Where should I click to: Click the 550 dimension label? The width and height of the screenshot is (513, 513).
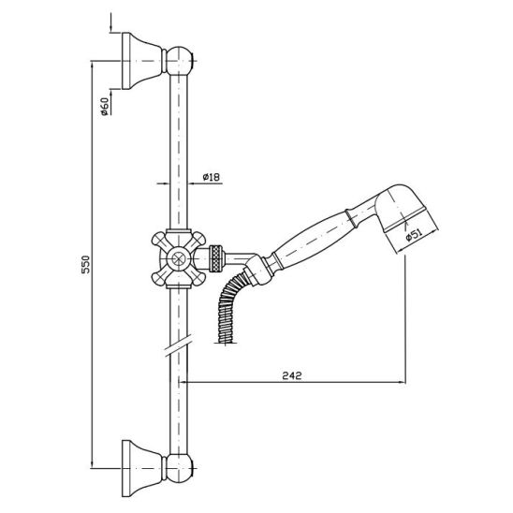coord(85,264)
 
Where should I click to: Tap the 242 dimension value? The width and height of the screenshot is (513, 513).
coord(291,375)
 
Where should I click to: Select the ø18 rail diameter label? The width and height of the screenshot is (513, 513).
coord(211,177)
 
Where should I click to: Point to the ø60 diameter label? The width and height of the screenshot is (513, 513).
coord(104,107)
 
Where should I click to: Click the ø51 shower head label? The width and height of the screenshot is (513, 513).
coord(414,235)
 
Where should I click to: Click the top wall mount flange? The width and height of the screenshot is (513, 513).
coord(142,61)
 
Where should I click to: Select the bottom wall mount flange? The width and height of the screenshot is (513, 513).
coord(142,468)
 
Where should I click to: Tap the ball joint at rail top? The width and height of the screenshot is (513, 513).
coord(180,61)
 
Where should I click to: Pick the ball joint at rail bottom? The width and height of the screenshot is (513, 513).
coord(180,468)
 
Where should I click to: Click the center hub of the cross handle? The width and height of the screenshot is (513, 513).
coord(178,258)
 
